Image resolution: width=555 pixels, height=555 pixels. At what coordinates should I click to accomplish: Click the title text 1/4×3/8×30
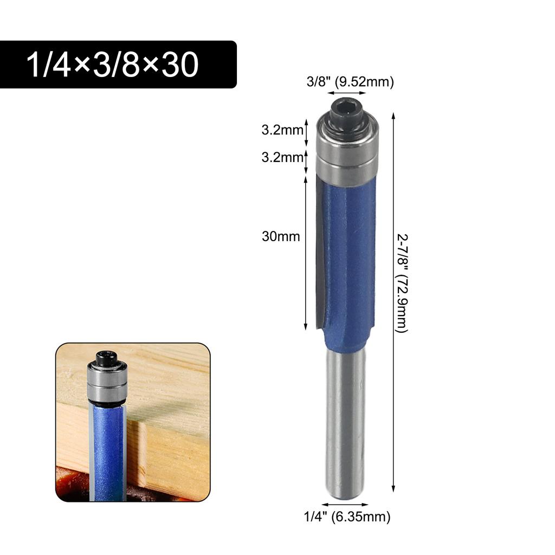pyautogui.click(x=113, y=64)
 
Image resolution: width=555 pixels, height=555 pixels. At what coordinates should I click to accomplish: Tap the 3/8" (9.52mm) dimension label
pyautogui.click(x=350, y=82)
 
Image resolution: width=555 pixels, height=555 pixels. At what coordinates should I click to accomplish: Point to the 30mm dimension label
pyautogui.click(x=281, y=236)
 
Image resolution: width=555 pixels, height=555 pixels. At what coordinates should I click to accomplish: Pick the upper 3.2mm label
pyautogui.click(x=281, y=131)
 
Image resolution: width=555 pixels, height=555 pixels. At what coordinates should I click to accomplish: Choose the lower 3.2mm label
pyautogui.click(x=281, y=158)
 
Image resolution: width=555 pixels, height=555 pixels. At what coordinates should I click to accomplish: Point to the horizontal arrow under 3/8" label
pyautogui.click(x=347, y=93)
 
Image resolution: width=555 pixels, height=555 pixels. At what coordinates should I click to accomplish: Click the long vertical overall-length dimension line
pyautogui.click(x=393, y=304)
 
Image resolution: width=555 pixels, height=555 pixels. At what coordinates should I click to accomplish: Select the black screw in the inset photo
pyautogui.click(x=106, y=358)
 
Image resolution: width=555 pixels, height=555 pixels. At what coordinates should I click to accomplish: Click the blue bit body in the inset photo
pyautogui.click(x=108, y=450)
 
